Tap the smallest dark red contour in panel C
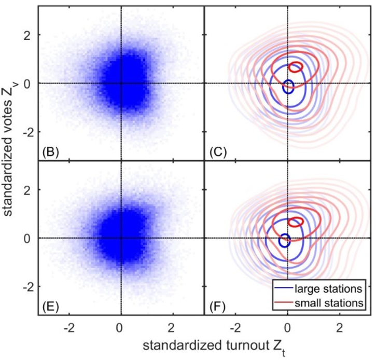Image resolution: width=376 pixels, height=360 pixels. [296, 67]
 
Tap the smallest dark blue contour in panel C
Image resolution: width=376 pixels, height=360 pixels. [288, 87]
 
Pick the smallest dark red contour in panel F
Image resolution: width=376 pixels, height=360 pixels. [296, 221]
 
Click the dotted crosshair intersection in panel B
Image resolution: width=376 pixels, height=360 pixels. [121, 83]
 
